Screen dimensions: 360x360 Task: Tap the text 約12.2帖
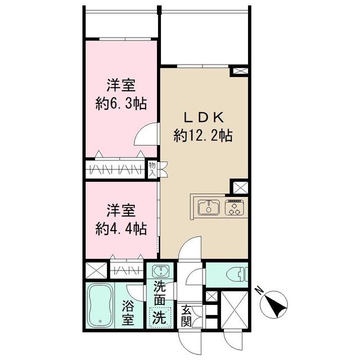click(203, 135)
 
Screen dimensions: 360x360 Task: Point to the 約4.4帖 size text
click(121, 228)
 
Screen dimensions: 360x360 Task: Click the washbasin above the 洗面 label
click(161, 270)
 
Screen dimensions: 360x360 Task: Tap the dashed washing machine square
click(161, 317)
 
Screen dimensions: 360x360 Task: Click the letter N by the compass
click(258, 291)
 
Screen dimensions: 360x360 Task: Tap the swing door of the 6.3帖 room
click(147, 133)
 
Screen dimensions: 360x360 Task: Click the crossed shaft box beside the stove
click(239, 187)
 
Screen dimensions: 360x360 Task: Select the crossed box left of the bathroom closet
click(94, 271)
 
